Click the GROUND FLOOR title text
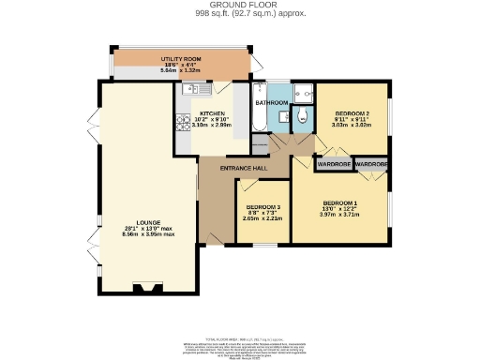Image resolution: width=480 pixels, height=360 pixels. click(239, 5)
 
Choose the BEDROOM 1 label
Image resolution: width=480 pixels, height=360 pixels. click(340, 203)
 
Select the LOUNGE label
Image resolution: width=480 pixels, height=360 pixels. click(137, 221)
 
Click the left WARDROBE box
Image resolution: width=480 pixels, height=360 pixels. click(333, 164)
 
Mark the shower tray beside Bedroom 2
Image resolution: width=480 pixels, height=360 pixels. click(303, 93)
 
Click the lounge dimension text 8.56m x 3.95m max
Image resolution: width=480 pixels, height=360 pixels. click(137, 234)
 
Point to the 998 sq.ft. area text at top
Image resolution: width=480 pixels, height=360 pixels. click(239, 14)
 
